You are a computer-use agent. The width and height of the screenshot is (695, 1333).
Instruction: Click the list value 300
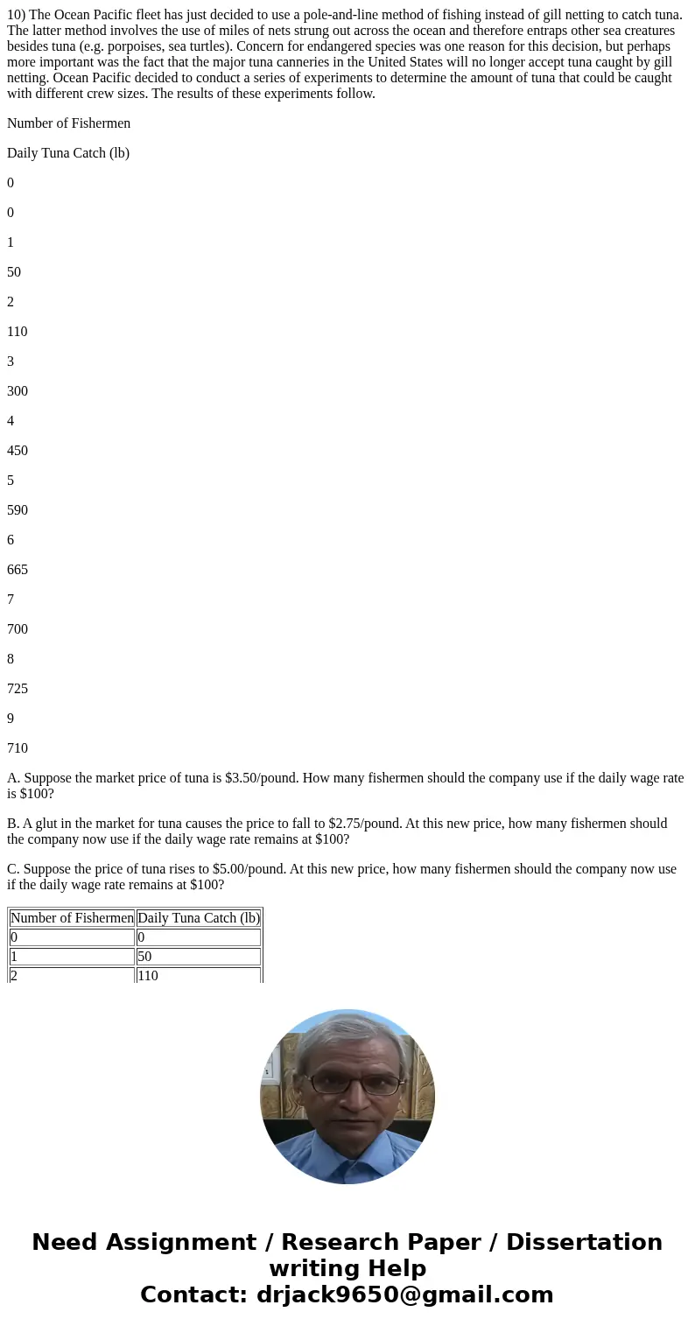[18, 391]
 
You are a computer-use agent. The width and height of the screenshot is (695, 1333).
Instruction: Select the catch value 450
[18, 451]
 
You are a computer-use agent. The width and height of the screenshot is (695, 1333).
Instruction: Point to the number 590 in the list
[18, 510]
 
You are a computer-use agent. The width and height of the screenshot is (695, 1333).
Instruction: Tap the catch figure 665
[18, 570]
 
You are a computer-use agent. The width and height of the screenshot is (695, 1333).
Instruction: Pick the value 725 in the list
[18, 689]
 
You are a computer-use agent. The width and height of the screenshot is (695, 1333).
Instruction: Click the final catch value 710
[18, 748]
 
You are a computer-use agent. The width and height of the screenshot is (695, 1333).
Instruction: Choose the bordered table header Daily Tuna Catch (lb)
[199, 918]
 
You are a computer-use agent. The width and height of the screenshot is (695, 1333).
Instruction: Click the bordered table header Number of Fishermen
[72, 918]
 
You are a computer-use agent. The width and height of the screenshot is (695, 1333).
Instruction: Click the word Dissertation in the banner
[584, 1243]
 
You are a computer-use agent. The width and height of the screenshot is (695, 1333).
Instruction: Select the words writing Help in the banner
[347, 1269]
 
